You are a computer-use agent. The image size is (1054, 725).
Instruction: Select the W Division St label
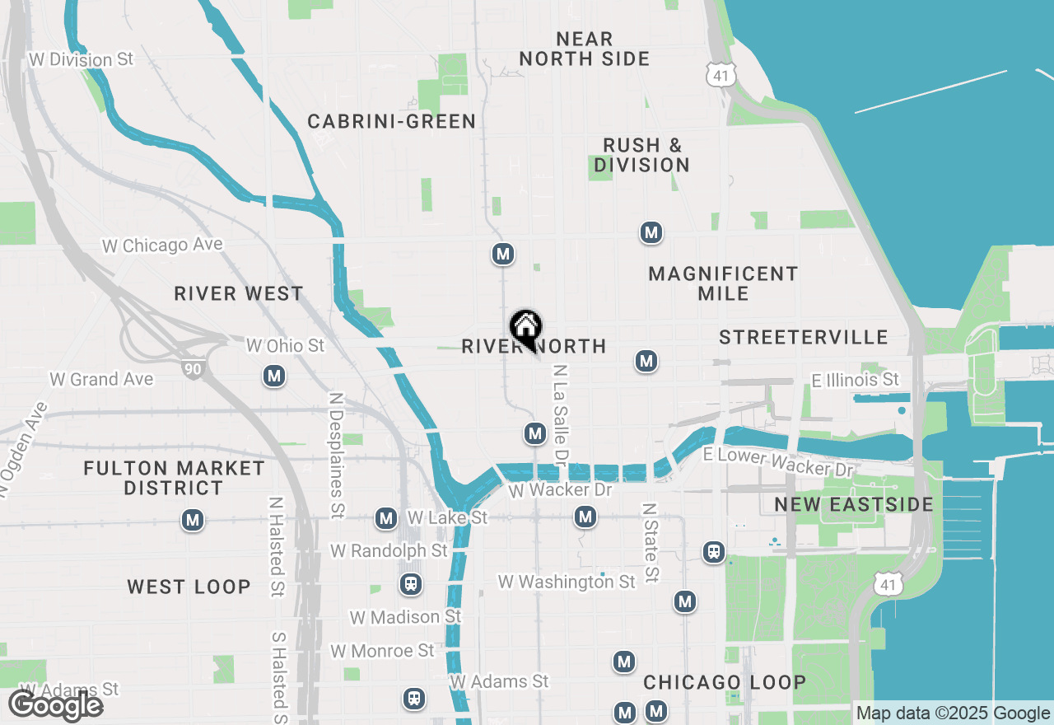click(x=81, y=60)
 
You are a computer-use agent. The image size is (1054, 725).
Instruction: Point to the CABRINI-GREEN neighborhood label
click(x=392, y=122)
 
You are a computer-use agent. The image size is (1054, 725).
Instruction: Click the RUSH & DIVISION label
click(x=642, y=155)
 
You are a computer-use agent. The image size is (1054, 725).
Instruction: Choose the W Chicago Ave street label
click(x=162, y=246)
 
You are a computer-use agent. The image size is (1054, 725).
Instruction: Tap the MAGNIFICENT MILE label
click(x=723, y=283)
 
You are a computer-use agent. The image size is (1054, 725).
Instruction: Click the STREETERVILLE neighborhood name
click(x=804, y=337)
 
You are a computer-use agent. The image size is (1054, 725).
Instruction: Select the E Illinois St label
click(x=856, y=380)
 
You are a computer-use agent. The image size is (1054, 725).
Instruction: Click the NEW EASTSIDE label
click(x=854, y=504)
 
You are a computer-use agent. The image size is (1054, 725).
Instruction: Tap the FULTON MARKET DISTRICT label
click(x=175, y=478)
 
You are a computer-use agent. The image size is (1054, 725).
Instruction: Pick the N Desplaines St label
click(x=336, y=455)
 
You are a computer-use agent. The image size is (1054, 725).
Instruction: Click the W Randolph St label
click(x=389, y=550)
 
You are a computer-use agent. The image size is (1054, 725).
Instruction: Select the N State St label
click(x=651, y=543)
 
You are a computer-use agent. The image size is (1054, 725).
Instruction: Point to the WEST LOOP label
click(x=189, y=587)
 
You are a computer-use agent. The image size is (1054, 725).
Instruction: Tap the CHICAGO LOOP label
click(x=725, y=682)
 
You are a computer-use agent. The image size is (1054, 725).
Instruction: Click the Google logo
click(x=55, y=706)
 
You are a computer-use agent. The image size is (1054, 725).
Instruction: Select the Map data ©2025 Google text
click(x=953, y=713)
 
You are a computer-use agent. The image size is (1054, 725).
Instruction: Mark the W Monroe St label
click(x=382, y=651)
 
